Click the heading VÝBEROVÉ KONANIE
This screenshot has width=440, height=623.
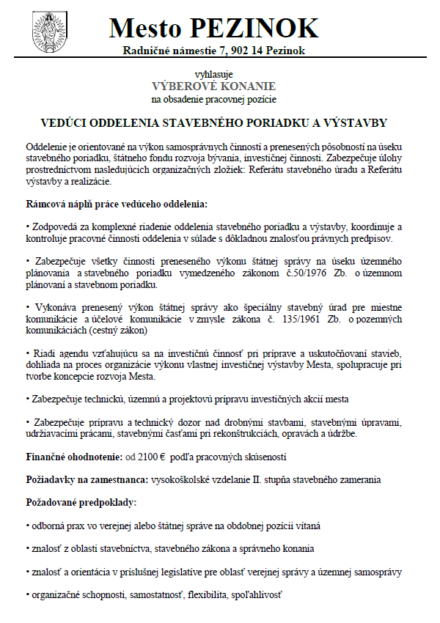214,86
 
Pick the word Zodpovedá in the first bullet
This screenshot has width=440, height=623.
56,227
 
